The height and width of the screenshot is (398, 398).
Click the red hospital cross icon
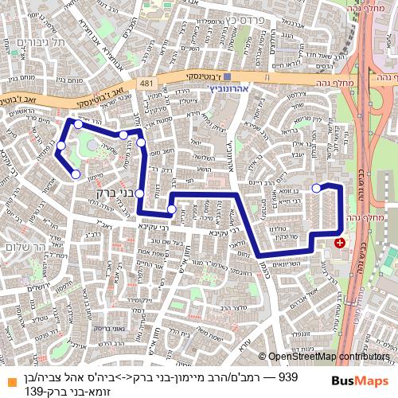341,242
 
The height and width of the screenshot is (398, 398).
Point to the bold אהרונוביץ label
228,89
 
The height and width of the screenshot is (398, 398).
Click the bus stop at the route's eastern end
317,188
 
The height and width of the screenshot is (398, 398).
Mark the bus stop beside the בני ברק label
139,193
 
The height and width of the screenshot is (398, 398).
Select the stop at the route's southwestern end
76,174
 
